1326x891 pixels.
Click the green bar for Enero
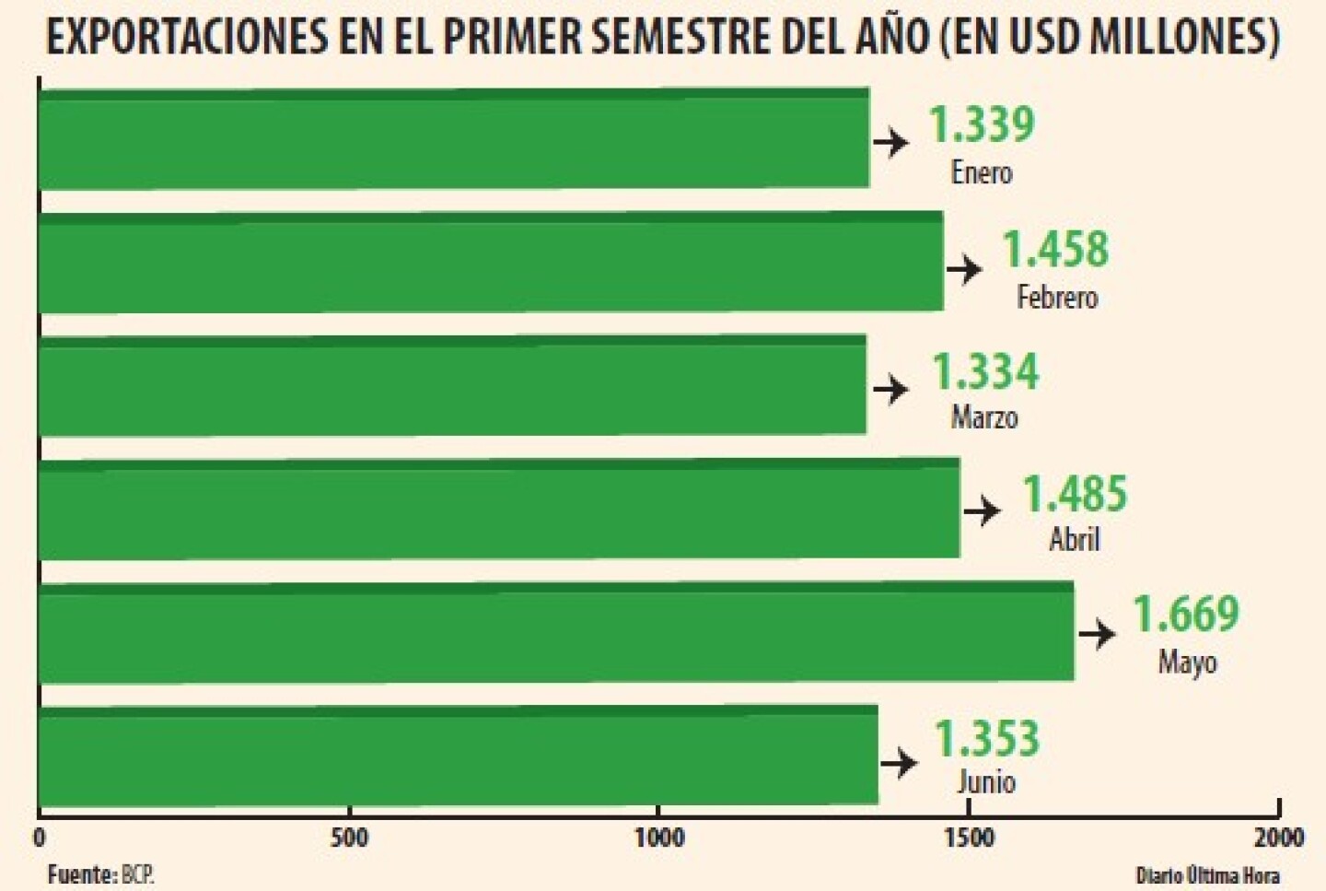click(x=454, y=139)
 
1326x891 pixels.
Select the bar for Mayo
click(x=556, y=633)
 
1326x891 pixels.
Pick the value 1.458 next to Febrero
click(x=1055, y=249)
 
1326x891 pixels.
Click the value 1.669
click(x=1185, y=614)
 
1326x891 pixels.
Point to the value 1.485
click(x=1075, y=494)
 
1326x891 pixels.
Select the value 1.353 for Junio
click(x=987, y=738)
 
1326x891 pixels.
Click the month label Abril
click(x=1075, y=539)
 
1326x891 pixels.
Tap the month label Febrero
click(x=1057, y=297)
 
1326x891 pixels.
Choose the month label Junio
click(x=986, y=781)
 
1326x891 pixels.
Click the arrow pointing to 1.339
click(x=890, y=143)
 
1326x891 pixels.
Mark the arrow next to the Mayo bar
click(x=1097, y=634)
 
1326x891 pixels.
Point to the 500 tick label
click(x=349, y=838)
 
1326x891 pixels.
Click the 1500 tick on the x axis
click(x=969, y=838)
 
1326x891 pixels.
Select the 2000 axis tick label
click(x=1278, y=838)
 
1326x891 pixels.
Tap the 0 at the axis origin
click(x=39, y=838)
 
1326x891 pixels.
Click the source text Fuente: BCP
click(x=100, y=873)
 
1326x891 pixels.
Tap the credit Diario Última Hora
click(x=1207, y=874)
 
